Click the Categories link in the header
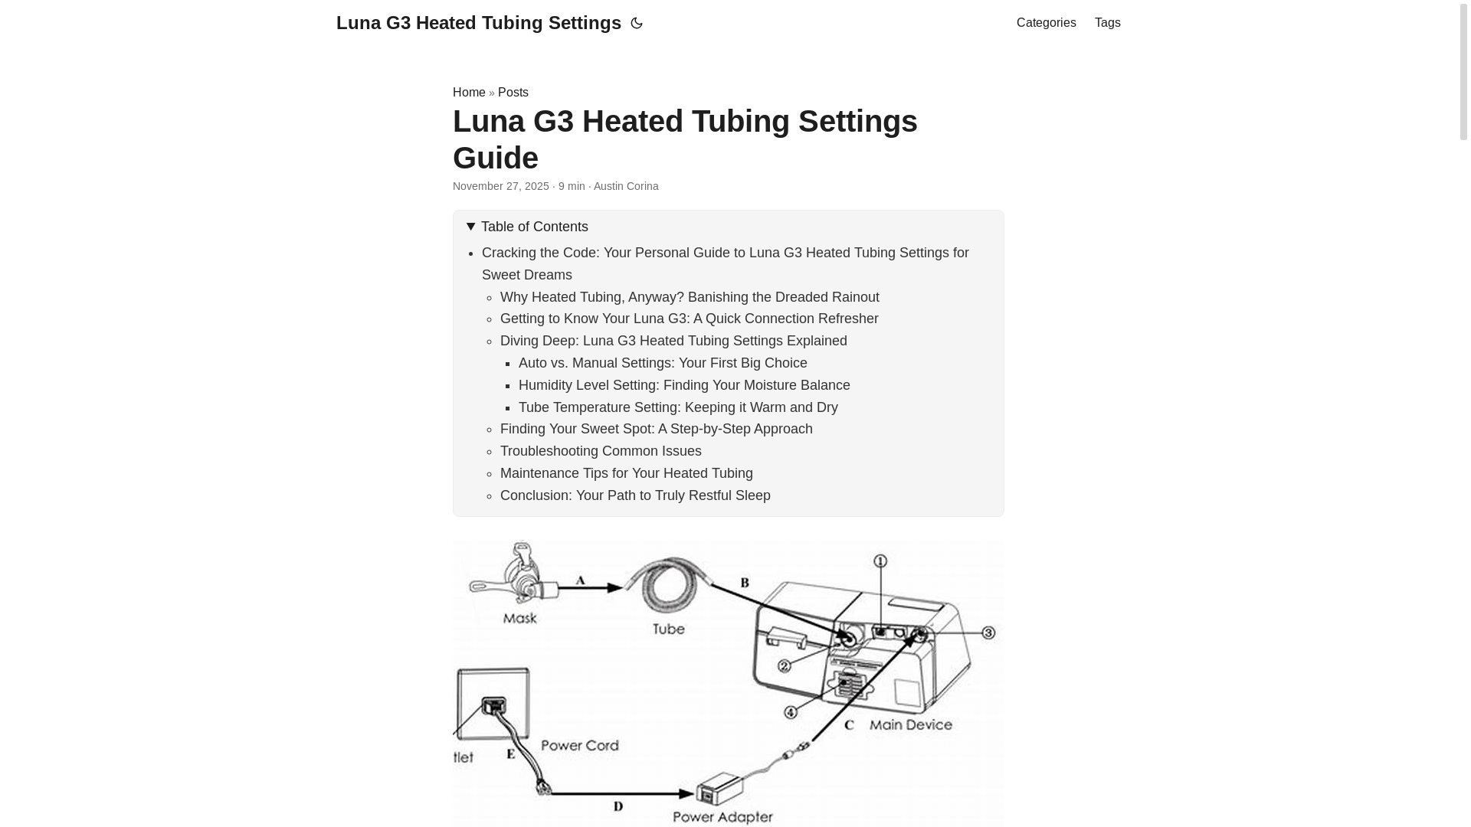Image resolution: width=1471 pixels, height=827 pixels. tap(1046, 23)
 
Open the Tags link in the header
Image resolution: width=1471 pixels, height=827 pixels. tap(1107, 23)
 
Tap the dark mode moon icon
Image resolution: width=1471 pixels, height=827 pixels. tap(636, 23)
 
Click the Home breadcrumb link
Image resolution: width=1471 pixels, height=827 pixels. tap(468, 92)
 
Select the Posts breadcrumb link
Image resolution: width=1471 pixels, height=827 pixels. tap(513, 92)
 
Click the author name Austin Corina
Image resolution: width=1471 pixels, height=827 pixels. tap(625, 186)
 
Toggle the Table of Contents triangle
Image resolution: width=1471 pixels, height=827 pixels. tap(471, 227)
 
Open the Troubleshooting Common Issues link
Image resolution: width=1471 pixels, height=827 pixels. tap(600, 451)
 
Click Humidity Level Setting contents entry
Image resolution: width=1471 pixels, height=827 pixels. tap(683, 385)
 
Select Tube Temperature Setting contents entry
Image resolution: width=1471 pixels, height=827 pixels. tap(677, 407)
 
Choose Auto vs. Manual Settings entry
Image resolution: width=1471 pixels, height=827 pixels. tap(662, 363)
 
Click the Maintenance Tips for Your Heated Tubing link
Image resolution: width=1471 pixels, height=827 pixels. tap(626, 473)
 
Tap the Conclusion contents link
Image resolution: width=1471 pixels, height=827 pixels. tap(634, 495)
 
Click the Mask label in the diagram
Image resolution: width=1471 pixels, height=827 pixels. tap(519, 618)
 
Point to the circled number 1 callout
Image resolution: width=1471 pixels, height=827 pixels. tap(880, 561)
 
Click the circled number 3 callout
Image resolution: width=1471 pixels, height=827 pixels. tap(988, 633)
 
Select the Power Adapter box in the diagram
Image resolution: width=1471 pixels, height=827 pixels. tap(719, 789)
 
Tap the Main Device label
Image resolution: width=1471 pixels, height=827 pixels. tap(910, 724)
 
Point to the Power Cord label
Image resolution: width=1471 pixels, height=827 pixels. tap(579, 745)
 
